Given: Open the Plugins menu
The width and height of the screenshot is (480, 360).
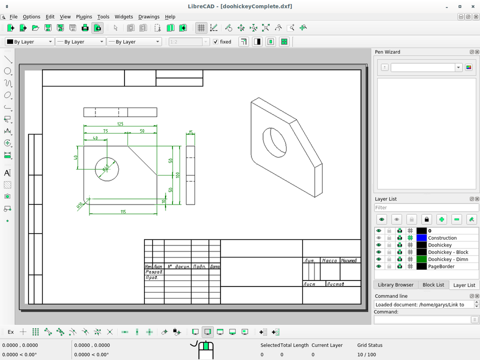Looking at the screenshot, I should coord(84,16).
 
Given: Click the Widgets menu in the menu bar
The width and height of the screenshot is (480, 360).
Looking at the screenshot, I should coord(123,16).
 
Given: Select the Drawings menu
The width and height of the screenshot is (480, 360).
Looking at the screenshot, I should coord(148,16).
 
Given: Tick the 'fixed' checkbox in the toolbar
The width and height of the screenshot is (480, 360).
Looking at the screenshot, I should coord(216,42).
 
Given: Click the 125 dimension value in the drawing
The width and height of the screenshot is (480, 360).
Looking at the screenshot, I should coord(120,123).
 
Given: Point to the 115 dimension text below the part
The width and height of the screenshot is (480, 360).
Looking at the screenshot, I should coord(123,212).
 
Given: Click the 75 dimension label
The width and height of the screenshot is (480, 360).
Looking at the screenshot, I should coord(105,131).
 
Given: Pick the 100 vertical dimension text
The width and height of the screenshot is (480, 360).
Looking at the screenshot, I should coord(177,175).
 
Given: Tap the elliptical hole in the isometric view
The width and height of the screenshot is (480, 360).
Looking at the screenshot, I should coord(274,141).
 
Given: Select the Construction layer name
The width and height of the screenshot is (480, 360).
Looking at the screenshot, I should coord(442,238).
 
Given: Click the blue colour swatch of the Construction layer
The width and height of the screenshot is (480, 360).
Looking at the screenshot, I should coord(421,238).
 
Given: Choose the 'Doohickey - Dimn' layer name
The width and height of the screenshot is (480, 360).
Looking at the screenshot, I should coord(448,259).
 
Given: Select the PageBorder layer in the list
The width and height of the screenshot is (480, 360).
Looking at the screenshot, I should coord(441,266).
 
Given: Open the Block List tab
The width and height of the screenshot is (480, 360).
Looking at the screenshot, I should coord(433,285).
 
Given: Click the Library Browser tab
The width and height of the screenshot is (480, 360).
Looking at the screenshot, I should coord(395,285).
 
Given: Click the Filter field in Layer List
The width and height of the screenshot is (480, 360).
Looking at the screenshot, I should coord(426,207).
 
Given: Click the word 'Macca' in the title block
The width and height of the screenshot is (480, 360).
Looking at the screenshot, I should coord(329,260).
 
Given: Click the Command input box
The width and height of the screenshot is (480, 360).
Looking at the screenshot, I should coord(422,319).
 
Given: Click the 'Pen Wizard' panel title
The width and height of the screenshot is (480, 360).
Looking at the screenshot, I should coord(387,52).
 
